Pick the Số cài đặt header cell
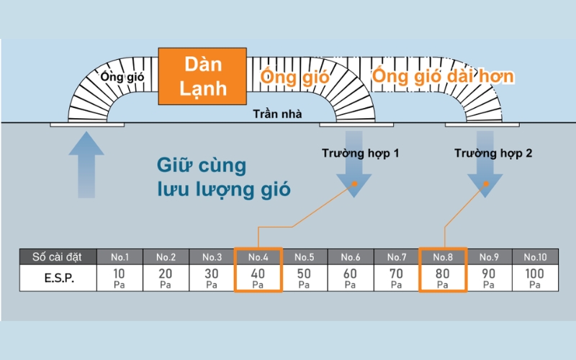[58, 257]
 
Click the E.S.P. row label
[58, 278]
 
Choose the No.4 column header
[258, 257]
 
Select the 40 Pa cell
[258, 278]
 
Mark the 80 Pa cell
[442, 278]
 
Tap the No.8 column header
[442, 257]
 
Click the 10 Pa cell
[120, 278]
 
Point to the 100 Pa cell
[535, 278]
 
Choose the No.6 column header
[350, 257]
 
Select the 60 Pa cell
[350, 278]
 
